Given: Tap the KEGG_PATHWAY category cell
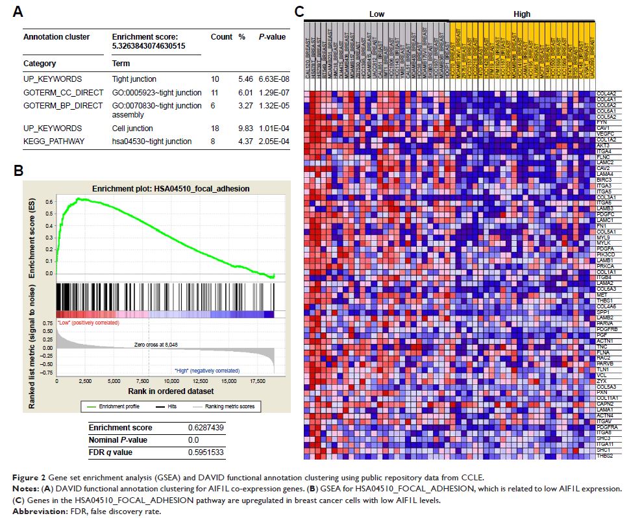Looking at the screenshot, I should pyautogui.click(x=53, y=141).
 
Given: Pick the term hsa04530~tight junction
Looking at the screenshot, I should pyautogui.click(x=152, y=141).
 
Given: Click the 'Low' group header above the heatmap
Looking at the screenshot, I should pyautogui.click(x=376, y=14).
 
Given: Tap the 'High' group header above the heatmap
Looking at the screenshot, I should pyautogui.click(x=521, y=14).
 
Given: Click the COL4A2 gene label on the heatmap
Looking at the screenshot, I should pyautogui.click(x=604, y=93).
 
